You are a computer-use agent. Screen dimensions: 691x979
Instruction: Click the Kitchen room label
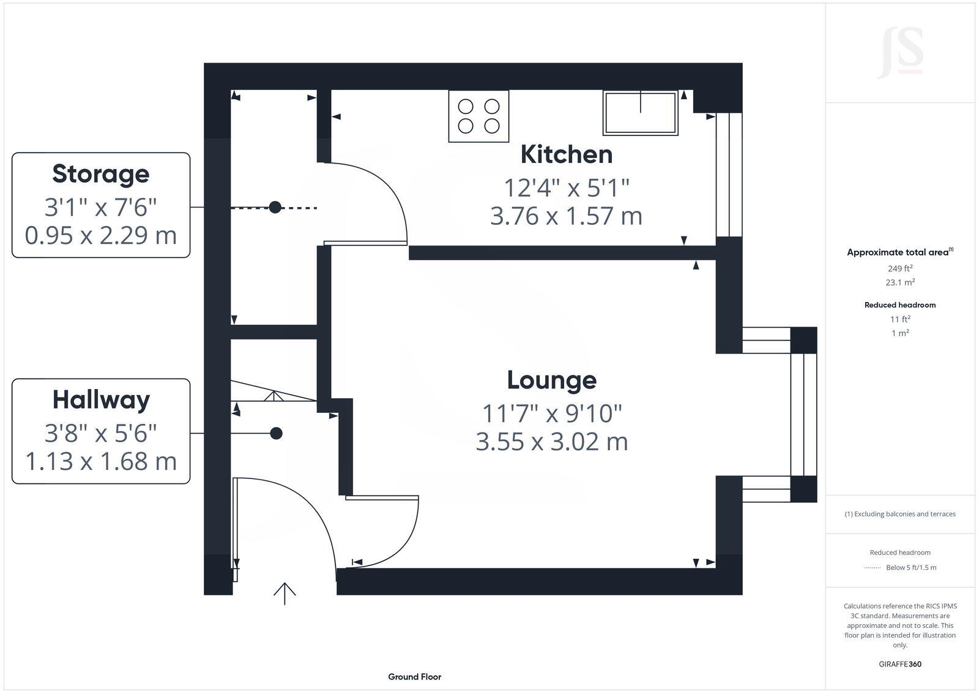click(x=566, y=154)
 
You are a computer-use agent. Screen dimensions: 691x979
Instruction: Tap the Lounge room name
click(x=551, y=380)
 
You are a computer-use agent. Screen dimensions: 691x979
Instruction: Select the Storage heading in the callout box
click(x=101, y=173)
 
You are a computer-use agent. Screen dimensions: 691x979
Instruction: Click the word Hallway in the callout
click(x=101, y=400)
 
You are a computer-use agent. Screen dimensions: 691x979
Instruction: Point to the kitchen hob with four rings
click(x=478, y=116)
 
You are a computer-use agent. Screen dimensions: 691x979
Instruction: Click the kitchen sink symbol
click(x=640, y=113)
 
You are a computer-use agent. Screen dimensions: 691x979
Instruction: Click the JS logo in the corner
click(x=901, y=53)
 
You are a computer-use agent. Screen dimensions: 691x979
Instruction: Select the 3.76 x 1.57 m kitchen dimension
click(x=566, y=216)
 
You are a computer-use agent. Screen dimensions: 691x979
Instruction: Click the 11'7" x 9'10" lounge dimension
click(x=551, y=413)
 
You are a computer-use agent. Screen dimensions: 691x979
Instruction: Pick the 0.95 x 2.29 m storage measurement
click(x=101, y=235)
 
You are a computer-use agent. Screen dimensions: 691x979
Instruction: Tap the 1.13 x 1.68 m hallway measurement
click(x=101, y=461)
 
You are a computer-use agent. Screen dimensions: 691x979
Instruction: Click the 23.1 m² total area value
click(x=900, y=282)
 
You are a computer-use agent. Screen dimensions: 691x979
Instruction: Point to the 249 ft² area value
click(x=900, y=268)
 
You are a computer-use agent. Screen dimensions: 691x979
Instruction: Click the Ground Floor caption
click(x=414, y=677)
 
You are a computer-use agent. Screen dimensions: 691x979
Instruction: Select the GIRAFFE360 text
click(x=900, y=664)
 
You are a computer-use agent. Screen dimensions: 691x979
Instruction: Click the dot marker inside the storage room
click(x=275, y=208)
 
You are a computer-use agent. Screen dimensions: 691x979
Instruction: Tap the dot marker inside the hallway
click(x=277, y=433)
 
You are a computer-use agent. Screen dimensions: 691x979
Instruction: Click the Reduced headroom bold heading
click(x=900, y=304)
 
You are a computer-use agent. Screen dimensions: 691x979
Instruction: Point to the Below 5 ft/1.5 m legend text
click(x=911, y=567)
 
